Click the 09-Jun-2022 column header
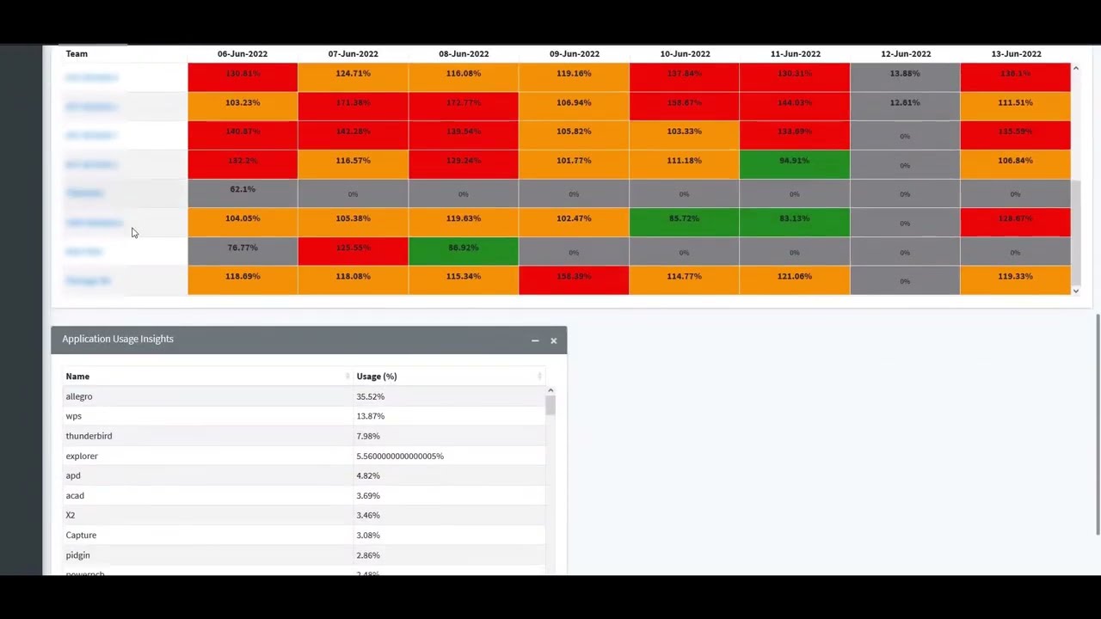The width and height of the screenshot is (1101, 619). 574,53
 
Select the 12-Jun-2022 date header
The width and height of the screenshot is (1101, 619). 905,53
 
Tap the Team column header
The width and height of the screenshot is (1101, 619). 77,53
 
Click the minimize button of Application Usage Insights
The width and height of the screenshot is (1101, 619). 535,340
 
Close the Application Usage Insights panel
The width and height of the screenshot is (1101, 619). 554,340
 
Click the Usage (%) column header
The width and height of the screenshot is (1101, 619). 377,377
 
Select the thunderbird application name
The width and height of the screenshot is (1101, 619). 89,436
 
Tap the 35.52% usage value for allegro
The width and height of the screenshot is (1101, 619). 371,396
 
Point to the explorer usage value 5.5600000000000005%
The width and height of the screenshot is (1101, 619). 400,456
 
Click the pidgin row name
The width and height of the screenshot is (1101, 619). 77,555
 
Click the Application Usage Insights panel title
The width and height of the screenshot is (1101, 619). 118,339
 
